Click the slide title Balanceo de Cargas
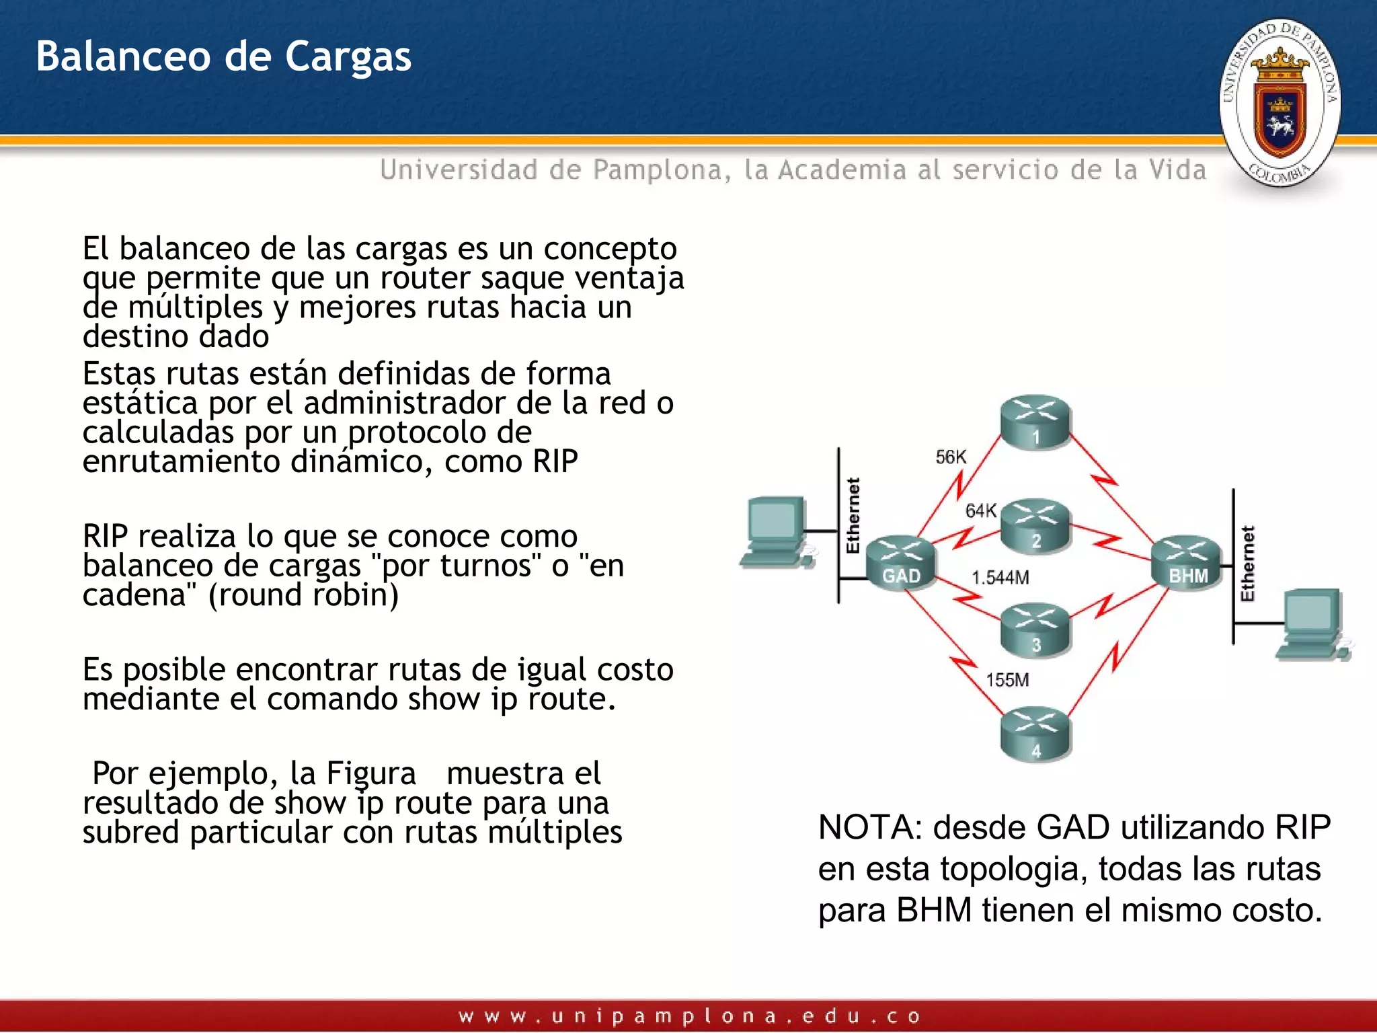pyautogui.click(x=223, y=56)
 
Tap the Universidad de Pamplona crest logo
pyautogui.click(x=1280, y=102)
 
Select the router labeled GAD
pyautogui.click(x=900, y=564)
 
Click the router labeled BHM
pyautogui.click(x=1187, y=564)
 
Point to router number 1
pyautogui.click(x=1035, y=422)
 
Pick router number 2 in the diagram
pyautogui.click(x=1035, y=526)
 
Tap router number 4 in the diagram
pyautogui.click(x=1035, y=734)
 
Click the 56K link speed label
pyautogui.click(x=951, y=457)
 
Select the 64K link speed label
pyautogui.click(x=981, y=511)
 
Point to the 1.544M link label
pyautogui.click(x=1000, y=578)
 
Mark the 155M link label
pyautogui.click(x=1007, y=680)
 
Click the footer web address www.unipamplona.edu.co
pyautogui.click(x=688, y=1016)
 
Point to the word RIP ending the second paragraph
pyautogui.click(x=555, y=462)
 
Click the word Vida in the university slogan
pyautogui.click(x=1177, y=170)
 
